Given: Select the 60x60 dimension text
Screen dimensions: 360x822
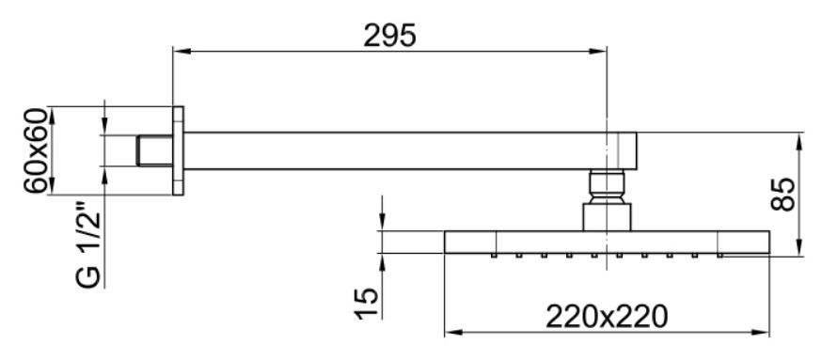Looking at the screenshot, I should [x=37, y=151].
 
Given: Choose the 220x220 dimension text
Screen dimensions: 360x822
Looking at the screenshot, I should [x=607, y=316].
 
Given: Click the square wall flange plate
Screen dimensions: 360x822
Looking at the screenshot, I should [x=178, y=150].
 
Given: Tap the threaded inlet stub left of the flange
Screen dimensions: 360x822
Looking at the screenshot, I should [x=153, y=150].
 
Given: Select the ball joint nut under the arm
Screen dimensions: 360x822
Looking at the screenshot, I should [x=607, y=185].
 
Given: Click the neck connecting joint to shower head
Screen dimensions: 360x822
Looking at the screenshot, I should [x=607, y=216].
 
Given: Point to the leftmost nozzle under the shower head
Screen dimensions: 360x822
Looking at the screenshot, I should [x=494, y=255].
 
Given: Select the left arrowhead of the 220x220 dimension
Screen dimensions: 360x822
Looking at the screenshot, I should [x=451, y=332].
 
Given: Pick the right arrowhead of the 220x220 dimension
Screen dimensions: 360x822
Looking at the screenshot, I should [x=763, y=332].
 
